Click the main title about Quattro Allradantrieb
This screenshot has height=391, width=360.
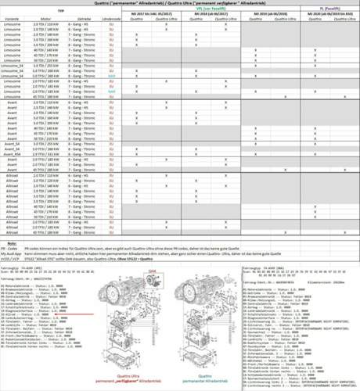179,4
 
